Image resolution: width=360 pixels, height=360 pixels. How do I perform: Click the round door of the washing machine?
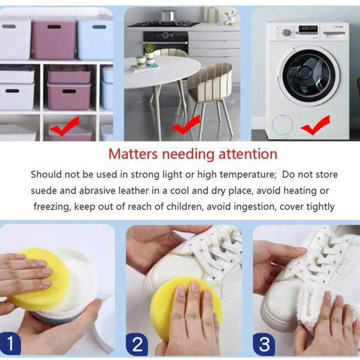coord(308,75)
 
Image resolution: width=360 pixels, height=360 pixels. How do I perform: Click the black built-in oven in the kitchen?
coord(166,41)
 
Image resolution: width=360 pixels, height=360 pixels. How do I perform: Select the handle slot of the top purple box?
coord(54,27)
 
